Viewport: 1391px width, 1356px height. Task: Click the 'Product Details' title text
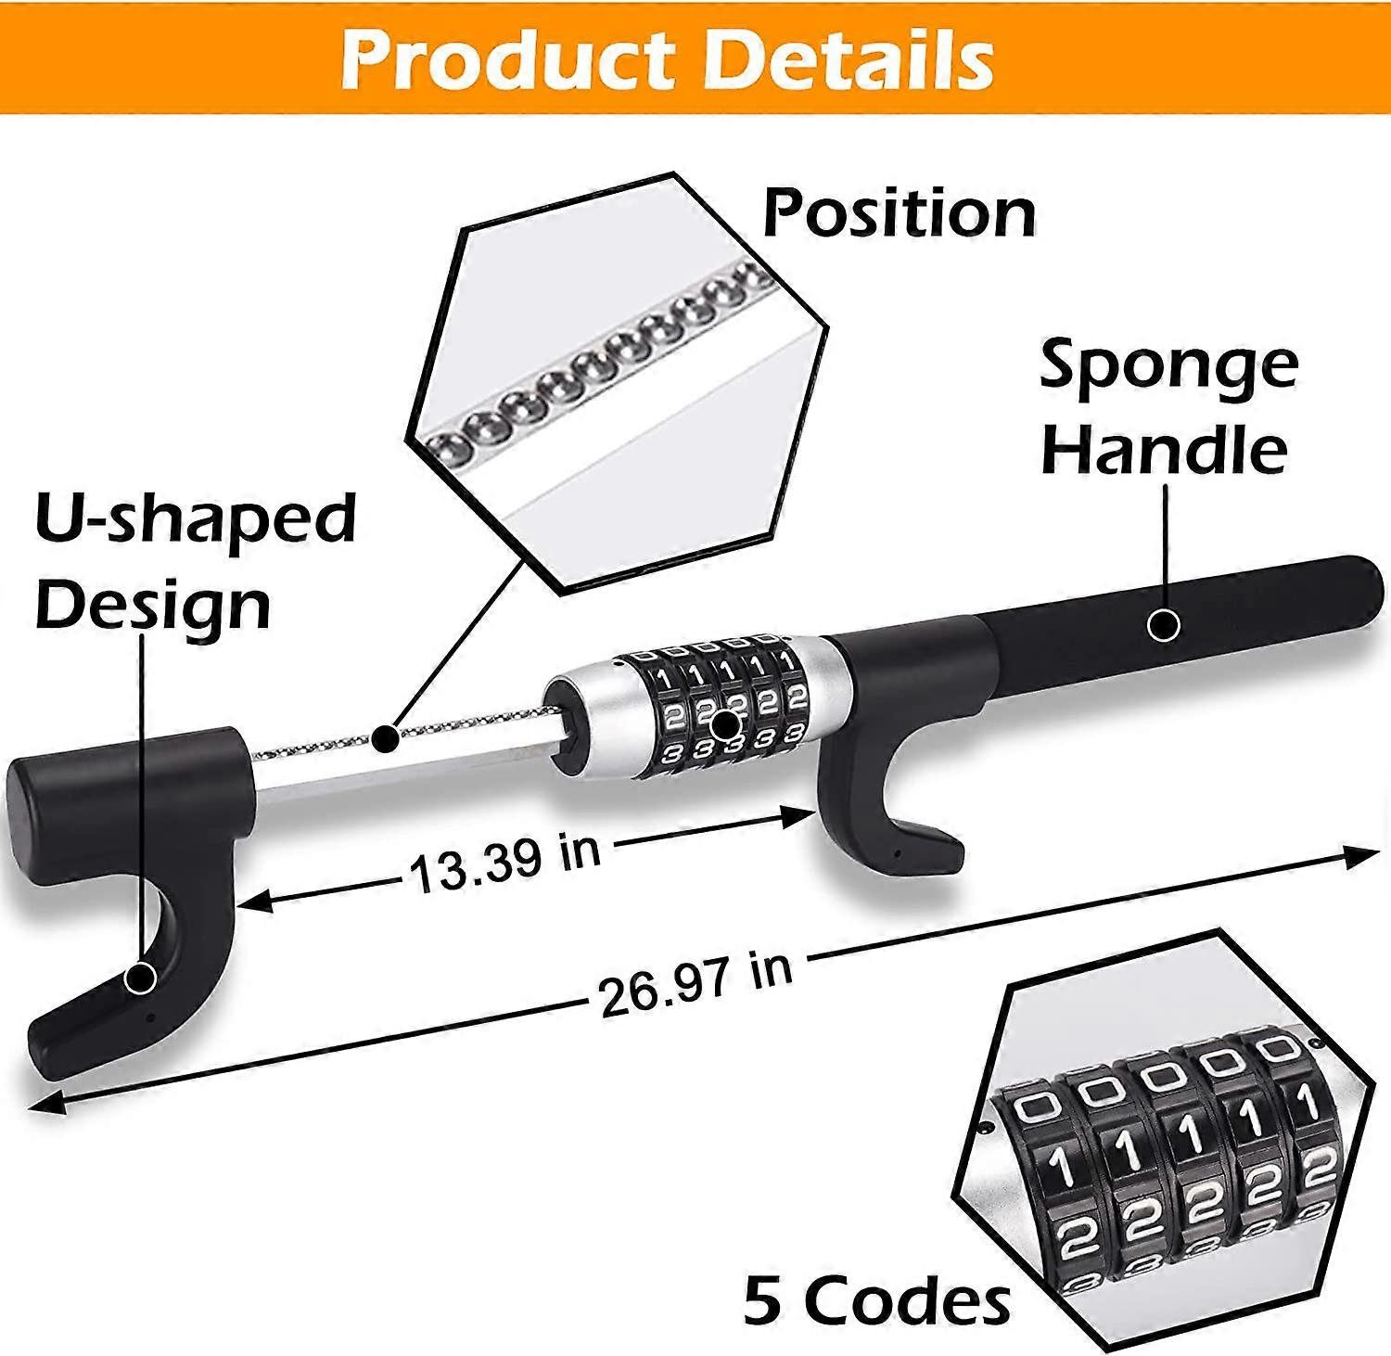[x=668, y=59]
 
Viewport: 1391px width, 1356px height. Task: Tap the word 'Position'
[x=899, y=214]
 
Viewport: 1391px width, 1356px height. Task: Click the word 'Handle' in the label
[x=1165, y=450]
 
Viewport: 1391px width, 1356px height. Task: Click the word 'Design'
[x=153, y=604]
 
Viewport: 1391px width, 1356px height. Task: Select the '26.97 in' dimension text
[x=695, y=984]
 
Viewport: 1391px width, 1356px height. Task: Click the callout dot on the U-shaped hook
[x=141, y=978]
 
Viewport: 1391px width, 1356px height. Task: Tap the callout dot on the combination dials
[x=726, y=723]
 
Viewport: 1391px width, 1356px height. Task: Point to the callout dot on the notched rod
[x=385, y=738]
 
